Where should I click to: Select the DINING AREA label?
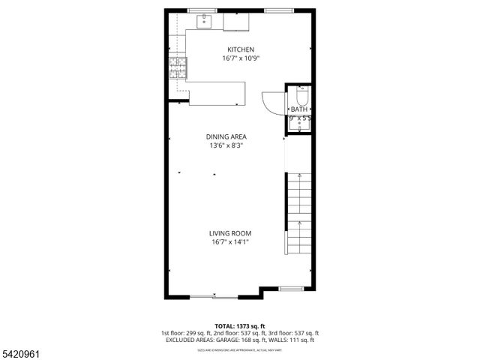[x=226, y=136]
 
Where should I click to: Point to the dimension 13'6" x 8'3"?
[x=227, y=145]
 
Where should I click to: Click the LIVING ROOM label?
[x=230, y=233]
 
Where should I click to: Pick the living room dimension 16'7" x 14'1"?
[x=230, y=242]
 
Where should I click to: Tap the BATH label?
[x=299, y=109]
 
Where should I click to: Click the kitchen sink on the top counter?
[x=205, y=22]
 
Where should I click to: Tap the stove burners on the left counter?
[x=178, y=69]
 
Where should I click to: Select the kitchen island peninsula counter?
[x=217, y=93]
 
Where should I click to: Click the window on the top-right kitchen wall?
[x=274, y=10]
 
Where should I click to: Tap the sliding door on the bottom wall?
[x=213, y=298]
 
